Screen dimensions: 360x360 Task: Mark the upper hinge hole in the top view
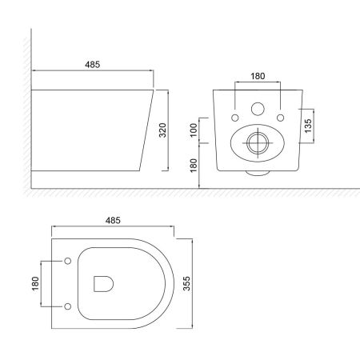click(66, 262)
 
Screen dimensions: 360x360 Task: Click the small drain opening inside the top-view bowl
click(103, 283)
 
